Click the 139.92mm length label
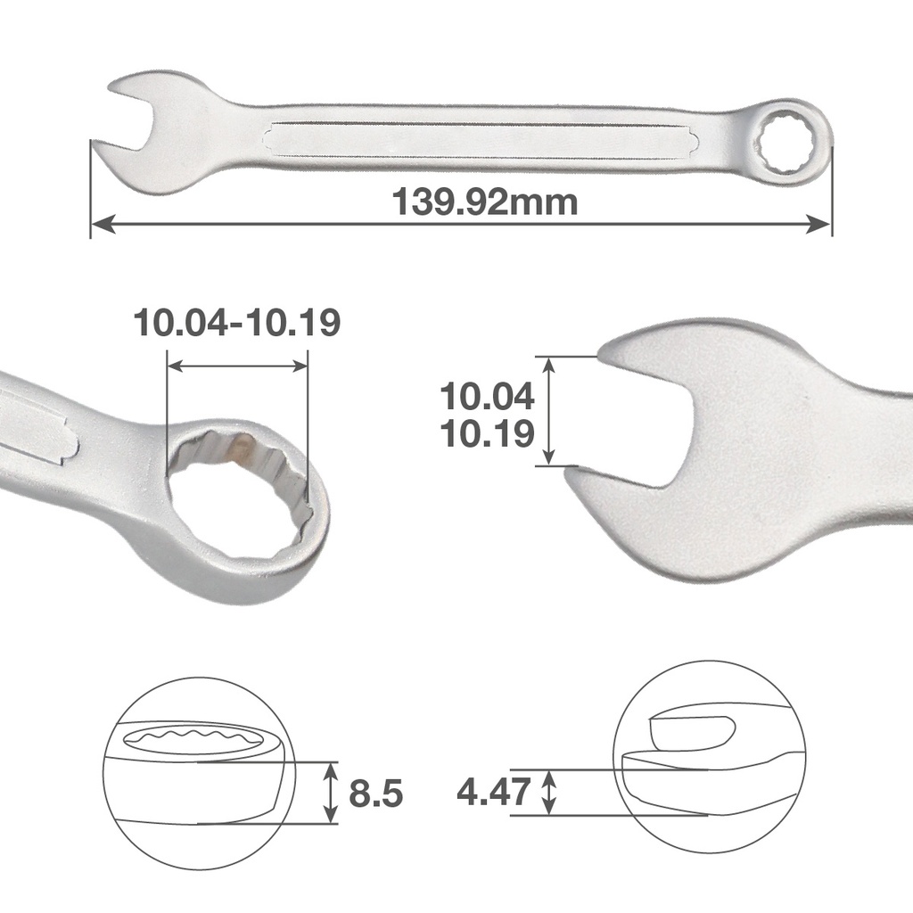[485, 202]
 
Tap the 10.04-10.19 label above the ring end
[236, 322]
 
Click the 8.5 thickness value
[375, 793]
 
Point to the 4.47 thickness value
[493, 790]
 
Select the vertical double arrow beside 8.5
[331, 792]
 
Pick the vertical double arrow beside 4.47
[550, 791]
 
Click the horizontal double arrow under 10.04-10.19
[237, 366]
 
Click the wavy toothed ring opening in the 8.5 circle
[196, 741]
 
